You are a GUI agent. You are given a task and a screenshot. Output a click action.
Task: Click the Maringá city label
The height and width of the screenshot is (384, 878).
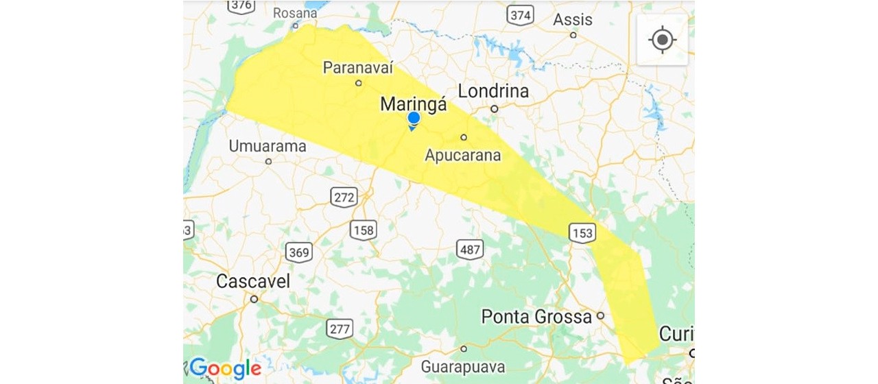click(414, 104)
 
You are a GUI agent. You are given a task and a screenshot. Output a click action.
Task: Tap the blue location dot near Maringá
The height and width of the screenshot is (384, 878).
click(414, 119)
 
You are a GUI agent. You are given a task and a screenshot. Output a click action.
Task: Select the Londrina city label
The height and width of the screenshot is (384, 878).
click(493, 91)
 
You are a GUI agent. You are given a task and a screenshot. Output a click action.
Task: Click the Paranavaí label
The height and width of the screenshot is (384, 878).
click(358, 67)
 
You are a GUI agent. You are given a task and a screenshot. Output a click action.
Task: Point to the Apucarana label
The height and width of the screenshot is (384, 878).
click(463, 155)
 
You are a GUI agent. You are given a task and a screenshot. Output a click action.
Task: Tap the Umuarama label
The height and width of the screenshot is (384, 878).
click(268, 146)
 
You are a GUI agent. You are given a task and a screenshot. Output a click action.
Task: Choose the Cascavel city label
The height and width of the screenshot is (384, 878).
click(253, 281)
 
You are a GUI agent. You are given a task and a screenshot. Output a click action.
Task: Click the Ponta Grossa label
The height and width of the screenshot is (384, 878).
click(536, 317)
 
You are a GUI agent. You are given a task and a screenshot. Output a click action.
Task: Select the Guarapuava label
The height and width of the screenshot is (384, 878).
click(463, 366)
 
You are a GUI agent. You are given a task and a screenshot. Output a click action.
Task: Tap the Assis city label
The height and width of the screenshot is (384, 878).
click(573, 19)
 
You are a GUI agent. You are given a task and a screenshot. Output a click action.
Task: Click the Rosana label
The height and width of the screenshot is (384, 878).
click(295, 13)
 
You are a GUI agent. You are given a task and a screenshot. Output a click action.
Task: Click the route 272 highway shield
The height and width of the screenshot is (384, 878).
click(344, 198)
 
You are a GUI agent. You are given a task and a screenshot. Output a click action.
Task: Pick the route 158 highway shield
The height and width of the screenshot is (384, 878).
click(363, 230)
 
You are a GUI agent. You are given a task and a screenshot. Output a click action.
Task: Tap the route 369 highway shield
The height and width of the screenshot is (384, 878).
click(299, 252)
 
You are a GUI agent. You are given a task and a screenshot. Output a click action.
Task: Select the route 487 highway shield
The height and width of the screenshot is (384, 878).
click(470, 249)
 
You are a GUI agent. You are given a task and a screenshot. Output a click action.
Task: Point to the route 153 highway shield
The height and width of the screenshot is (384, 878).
click(582, 233)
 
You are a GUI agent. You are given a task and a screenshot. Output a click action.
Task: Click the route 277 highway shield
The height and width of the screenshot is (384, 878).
click(340, 328)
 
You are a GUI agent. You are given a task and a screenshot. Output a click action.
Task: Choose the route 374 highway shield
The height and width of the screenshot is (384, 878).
click(521, 15)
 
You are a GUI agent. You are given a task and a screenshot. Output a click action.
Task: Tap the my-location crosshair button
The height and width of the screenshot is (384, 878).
click(662, 40)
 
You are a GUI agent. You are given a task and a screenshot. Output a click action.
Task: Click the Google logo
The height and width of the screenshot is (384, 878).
click(226, 368)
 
